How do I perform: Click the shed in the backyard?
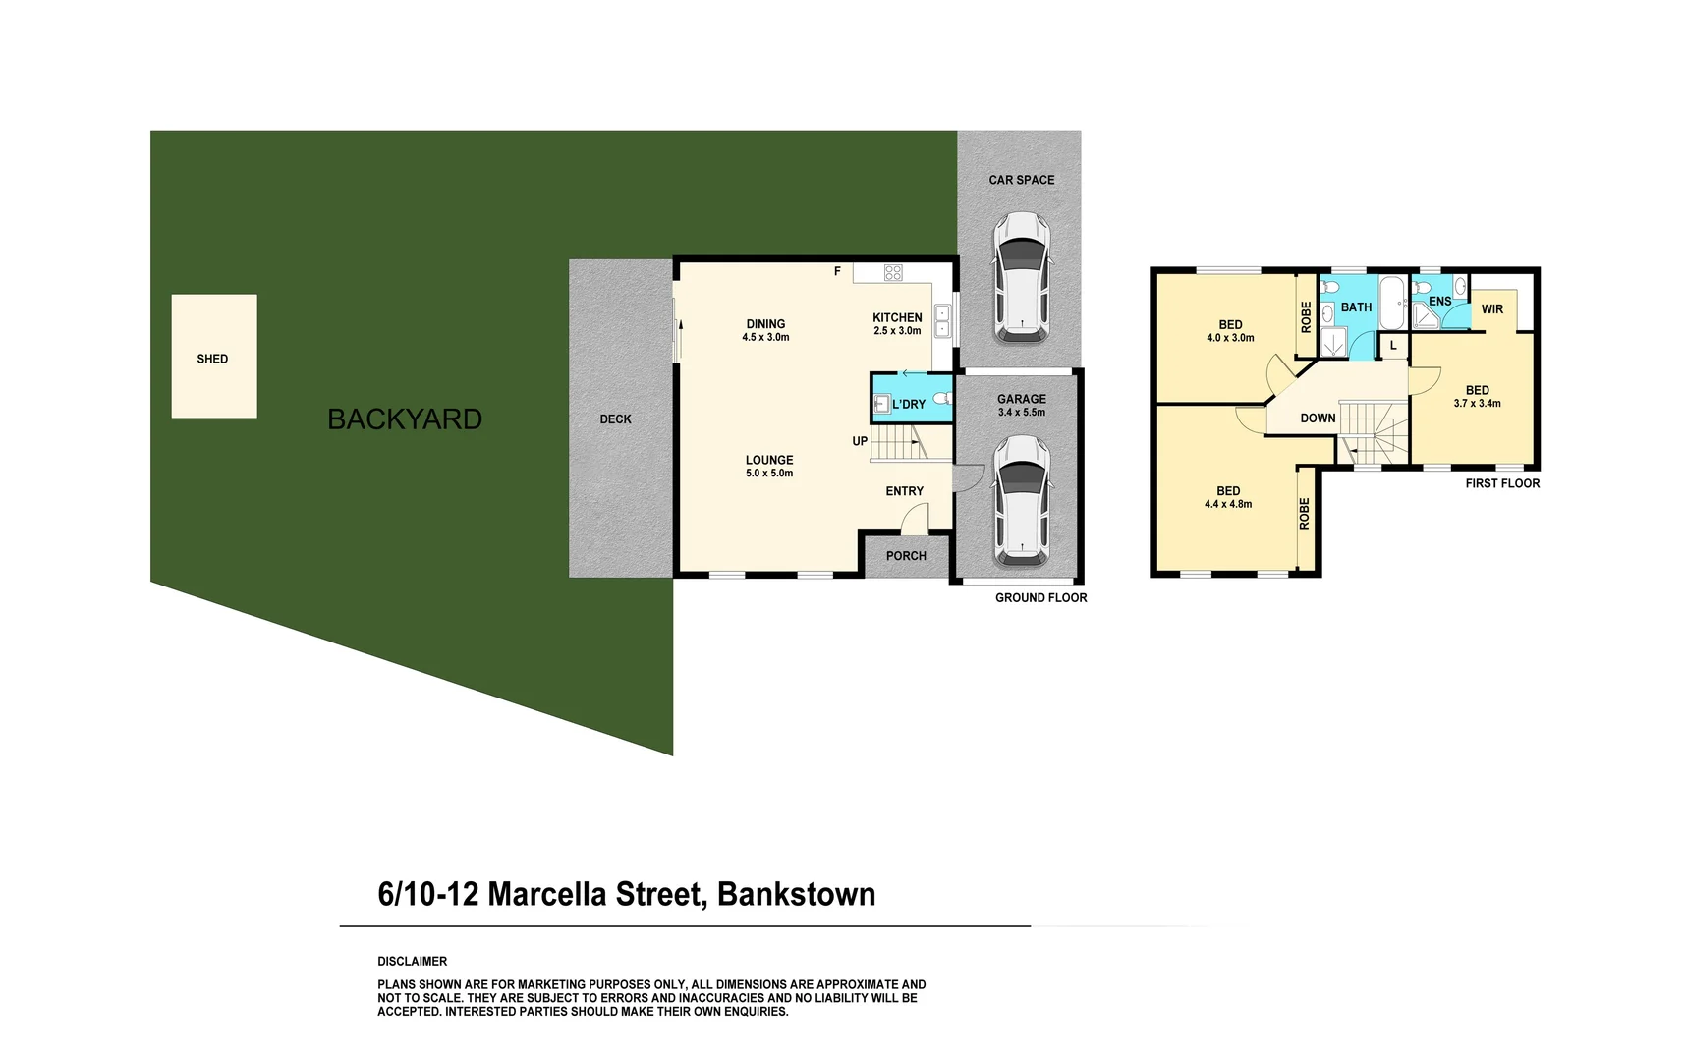pyautogui.click(x=214, y=356)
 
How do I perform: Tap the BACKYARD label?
pyautogui.click(x=405, y=419)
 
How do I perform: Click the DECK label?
pyautogui.click(x=615, y=419)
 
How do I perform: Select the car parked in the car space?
pyautogui.click(x=1021, y=278)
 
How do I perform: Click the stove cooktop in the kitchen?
pyautogui.click(x=893, y=272)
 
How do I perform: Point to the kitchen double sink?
pyautogui.click(x=942, y=321)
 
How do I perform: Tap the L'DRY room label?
pyautogui.click(x=909, y=404)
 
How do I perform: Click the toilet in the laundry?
pyautogui.click(x=941, y=399)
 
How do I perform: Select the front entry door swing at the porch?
pyautogui.click(x=915, y=519)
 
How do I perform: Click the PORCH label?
pyautogui.click(x=906, y=556)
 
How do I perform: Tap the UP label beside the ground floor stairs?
pyautogui.click(x=860, y=441)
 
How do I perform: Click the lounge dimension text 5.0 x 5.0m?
pyautogui.click(x=769, y=474)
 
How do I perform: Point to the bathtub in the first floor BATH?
pyautogui.click(x=1391, y=303)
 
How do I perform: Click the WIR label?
pyautogui.click(x=1491, y=309)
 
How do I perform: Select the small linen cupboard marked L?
pyautogui.click(x=1393, y=345)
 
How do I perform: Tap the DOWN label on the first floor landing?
pyautogui.click(x=1318, y=419)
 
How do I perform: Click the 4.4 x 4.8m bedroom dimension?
pyautogui.click(x=1228, y=505)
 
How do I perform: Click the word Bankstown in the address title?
pyautogui.click(x=796, y=894)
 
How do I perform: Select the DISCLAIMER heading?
pyautogui.click(x=413, y=962)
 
